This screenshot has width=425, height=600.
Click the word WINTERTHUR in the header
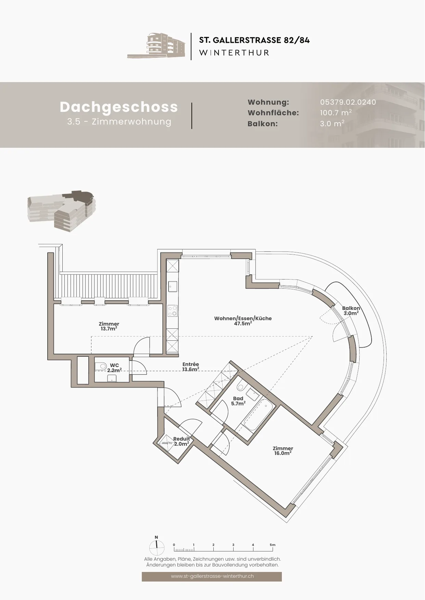pos(234,53)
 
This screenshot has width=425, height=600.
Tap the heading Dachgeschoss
pos(119,107)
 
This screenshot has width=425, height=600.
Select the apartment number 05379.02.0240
pos(348,102)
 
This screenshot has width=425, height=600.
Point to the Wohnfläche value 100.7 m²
pos(336,113)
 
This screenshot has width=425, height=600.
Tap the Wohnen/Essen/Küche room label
pos(243,321)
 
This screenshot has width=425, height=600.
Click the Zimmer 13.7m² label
pos(109,326)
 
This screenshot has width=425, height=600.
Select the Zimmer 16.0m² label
pos(283,451)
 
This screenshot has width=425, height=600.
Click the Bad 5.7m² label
pos(238,401)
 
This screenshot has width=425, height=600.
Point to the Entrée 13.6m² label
pos(190,367)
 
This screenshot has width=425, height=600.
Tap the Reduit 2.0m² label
pos(181,441)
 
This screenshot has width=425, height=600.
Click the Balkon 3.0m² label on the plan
pos(351,311)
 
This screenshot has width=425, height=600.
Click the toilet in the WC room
pos(101,366)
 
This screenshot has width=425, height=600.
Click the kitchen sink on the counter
pos(172,286)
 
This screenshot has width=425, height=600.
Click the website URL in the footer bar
pos(212,576)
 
